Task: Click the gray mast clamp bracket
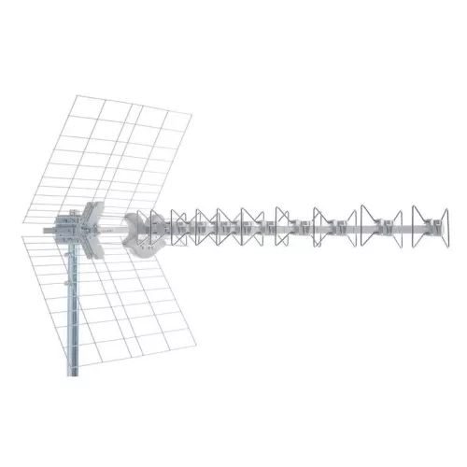tap(66, 227)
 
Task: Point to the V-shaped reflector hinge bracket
tap(96, 227)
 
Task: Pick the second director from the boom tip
tap(386, 226)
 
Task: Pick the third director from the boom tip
tap(335, 226)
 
